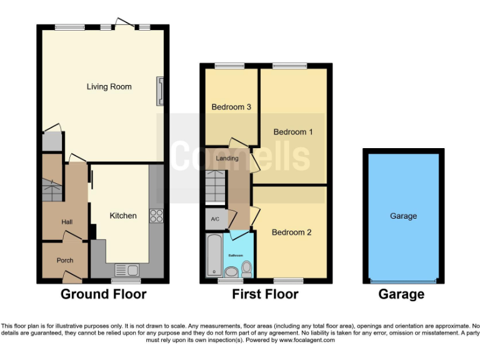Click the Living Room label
[109, 87]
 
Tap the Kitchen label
[123, 216]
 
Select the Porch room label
[65, 260]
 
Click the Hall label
[67, 222]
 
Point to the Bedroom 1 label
[293, 132]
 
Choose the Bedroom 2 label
[291, 232]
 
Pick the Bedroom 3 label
[231, 107]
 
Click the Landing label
[227, 158]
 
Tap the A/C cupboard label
[216, 219]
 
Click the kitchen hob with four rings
[156, 216]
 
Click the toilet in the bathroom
[247, 269]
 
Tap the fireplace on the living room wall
[161, 91]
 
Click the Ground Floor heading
[103, 294]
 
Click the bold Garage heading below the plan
[401, 294]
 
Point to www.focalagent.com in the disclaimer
[307, 341]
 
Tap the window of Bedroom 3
[226, 66]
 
